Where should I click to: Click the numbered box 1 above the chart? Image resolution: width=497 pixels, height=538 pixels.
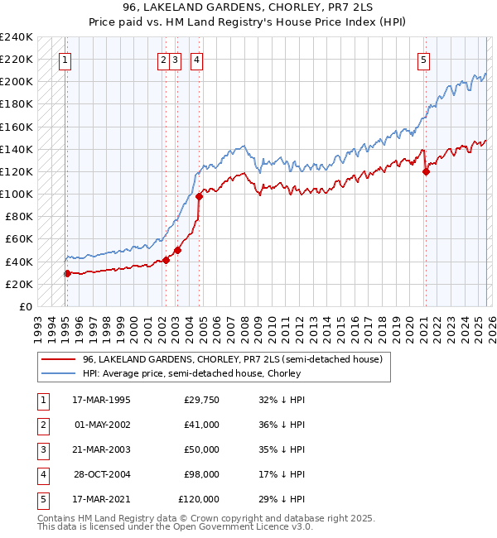(65, 60)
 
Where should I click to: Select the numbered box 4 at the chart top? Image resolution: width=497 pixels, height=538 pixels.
(197, 60)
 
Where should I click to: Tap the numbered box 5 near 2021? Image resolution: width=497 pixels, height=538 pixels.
(423, 60)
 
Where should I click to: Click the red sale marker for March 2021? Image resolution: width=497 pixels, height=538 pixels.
(426, 171)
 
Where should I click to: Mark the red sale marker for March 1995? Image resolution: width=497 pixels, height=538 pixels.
(67, 273)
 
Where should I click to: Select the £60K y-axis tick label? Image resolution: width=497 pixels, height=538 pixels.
(19, 239)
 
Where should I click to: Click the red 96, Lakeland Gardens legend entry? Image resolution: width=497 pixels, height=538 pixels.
(232, 359)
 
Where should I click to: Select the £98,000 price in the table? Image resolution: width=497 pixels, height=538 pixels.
(201, 476)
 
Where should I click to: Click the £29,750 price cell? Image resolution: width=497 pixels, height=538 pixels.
(201, 399)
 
